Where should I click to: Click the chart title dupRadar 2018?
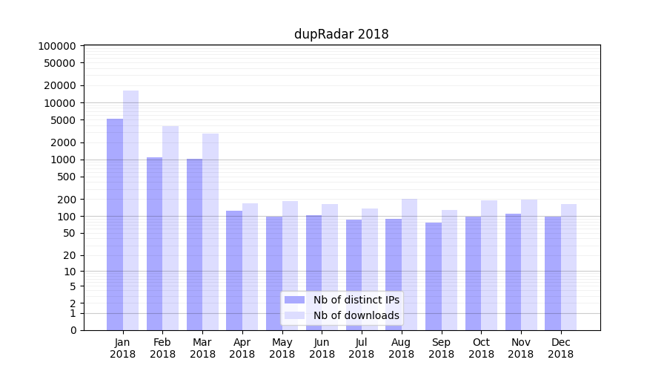coord(341,34)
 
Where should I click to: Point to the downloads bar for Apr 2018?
coord(250,266)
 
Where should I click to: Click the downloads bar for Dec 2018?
coord(568,267)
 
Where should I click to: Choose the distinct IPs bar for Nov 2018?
coord(513,272)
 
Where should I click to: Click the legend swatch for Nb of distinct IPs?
coord(295,300)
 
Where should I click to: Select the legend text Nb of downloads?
coord(356,315)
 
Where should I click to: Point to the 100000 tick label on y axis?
coord(56,45)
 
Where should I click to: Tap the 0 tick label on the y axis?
coord(73,330)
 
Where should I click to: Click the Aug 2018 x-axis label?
coord(401,348)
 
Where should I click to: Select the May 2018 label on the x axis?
coord(282,348)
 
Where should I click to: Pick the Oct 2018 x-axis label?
coord(481,348)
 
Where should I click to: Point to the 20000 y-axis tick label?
coord(59,85)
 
